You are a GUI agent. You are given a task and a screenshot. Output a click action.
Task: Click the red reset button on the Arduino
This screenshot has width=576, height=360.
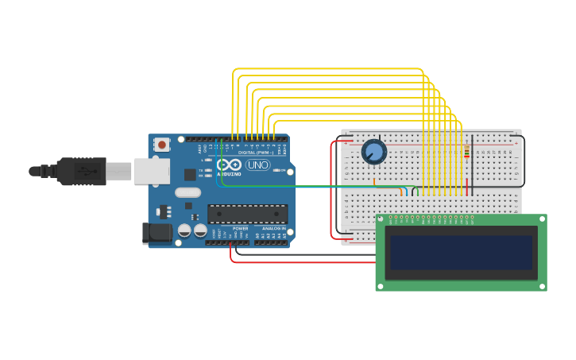[x=162, y=145]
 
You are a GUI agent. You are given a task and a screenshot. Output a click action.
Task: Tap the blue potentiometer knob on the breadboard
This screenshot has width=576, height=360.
[x=373, y=151]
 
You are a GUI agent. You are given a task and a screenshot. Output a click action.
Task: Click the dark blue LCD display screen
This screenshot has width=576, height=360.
[x=460, y=252]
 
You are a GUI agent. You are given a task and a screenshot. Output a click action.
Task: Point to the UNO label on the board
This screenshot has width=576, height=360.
[x=257, y=165]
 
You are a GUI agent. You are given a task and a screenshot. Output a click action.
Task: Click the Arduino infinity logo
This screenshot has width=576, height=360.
[x=229, y=165]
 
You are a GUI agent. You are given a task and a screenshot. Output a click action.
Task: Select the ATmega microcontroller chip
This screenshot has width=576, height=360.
[x=247, y=213]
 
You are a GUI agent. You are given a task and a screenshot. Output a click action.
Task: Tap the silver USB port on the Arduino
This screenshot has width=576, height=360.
[x=151, y=171]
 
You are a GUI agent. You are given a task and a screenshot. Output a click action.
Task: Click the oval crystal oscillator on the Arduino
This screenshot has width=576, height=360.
[x=187, y=192]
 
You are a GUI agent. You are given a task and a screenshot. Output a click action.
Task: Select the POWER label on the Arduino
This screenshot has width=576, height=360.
[x=240, y=228]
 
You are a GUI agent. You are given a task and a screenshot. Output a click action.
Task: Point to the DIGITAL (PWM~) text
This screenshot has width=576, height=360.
[x=257, y=153]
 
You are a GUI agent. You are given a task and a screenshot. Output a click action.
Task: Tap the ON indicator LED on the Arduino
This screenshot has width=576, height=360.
[x=280, y=169]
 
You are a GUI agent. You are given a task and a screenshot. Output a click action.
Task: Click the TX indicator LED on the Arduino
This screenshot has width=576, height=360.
[x=208, y=169]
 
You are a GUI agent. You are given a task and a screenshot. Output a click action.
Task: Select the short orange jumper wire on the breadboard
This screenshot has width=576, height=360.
[x=375, y=182]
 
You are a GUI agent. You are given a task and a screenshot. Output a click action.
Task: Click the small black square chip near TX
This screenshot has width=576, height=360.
[x=190, y=174]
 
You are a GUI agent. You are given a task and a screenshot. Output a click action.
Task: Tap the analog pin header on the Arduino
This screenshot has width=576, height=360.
[x=271, y=242]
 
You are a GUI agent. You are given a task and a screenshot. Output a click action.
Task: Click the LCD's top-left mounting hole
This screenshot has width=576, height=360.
[x=381, y=219]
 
